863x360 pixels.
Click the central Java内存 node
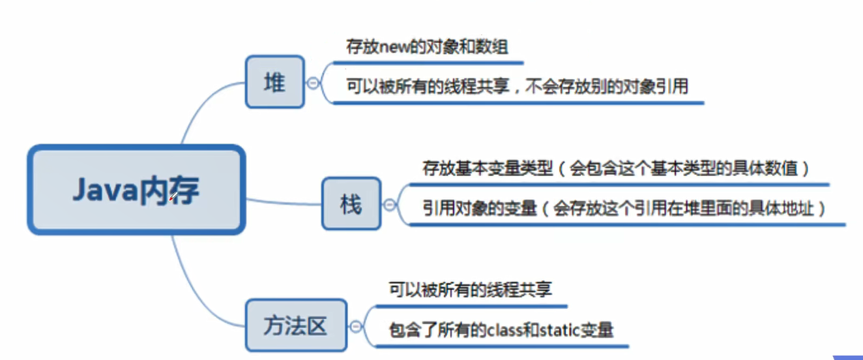(x=136, y=190)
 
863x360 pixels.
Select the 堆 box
(x=274, y=82)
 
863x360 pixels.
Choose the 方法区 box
(x=295, y=325)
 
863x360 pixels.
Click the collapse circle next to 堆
(x=314, y=83)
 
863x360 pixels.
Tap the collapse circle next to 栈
(x=390, y=204)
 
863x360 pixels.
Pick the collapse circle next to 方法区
(x=356, y=326)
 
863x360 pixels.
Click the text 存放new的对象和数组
(x=427, y=46)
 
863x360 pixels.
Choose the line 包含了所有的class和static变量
(x=501, y=329)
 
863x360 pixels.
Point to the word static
(x=559, y=329)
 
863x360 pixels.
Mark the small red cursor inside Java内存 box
(x=173, y=197)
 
